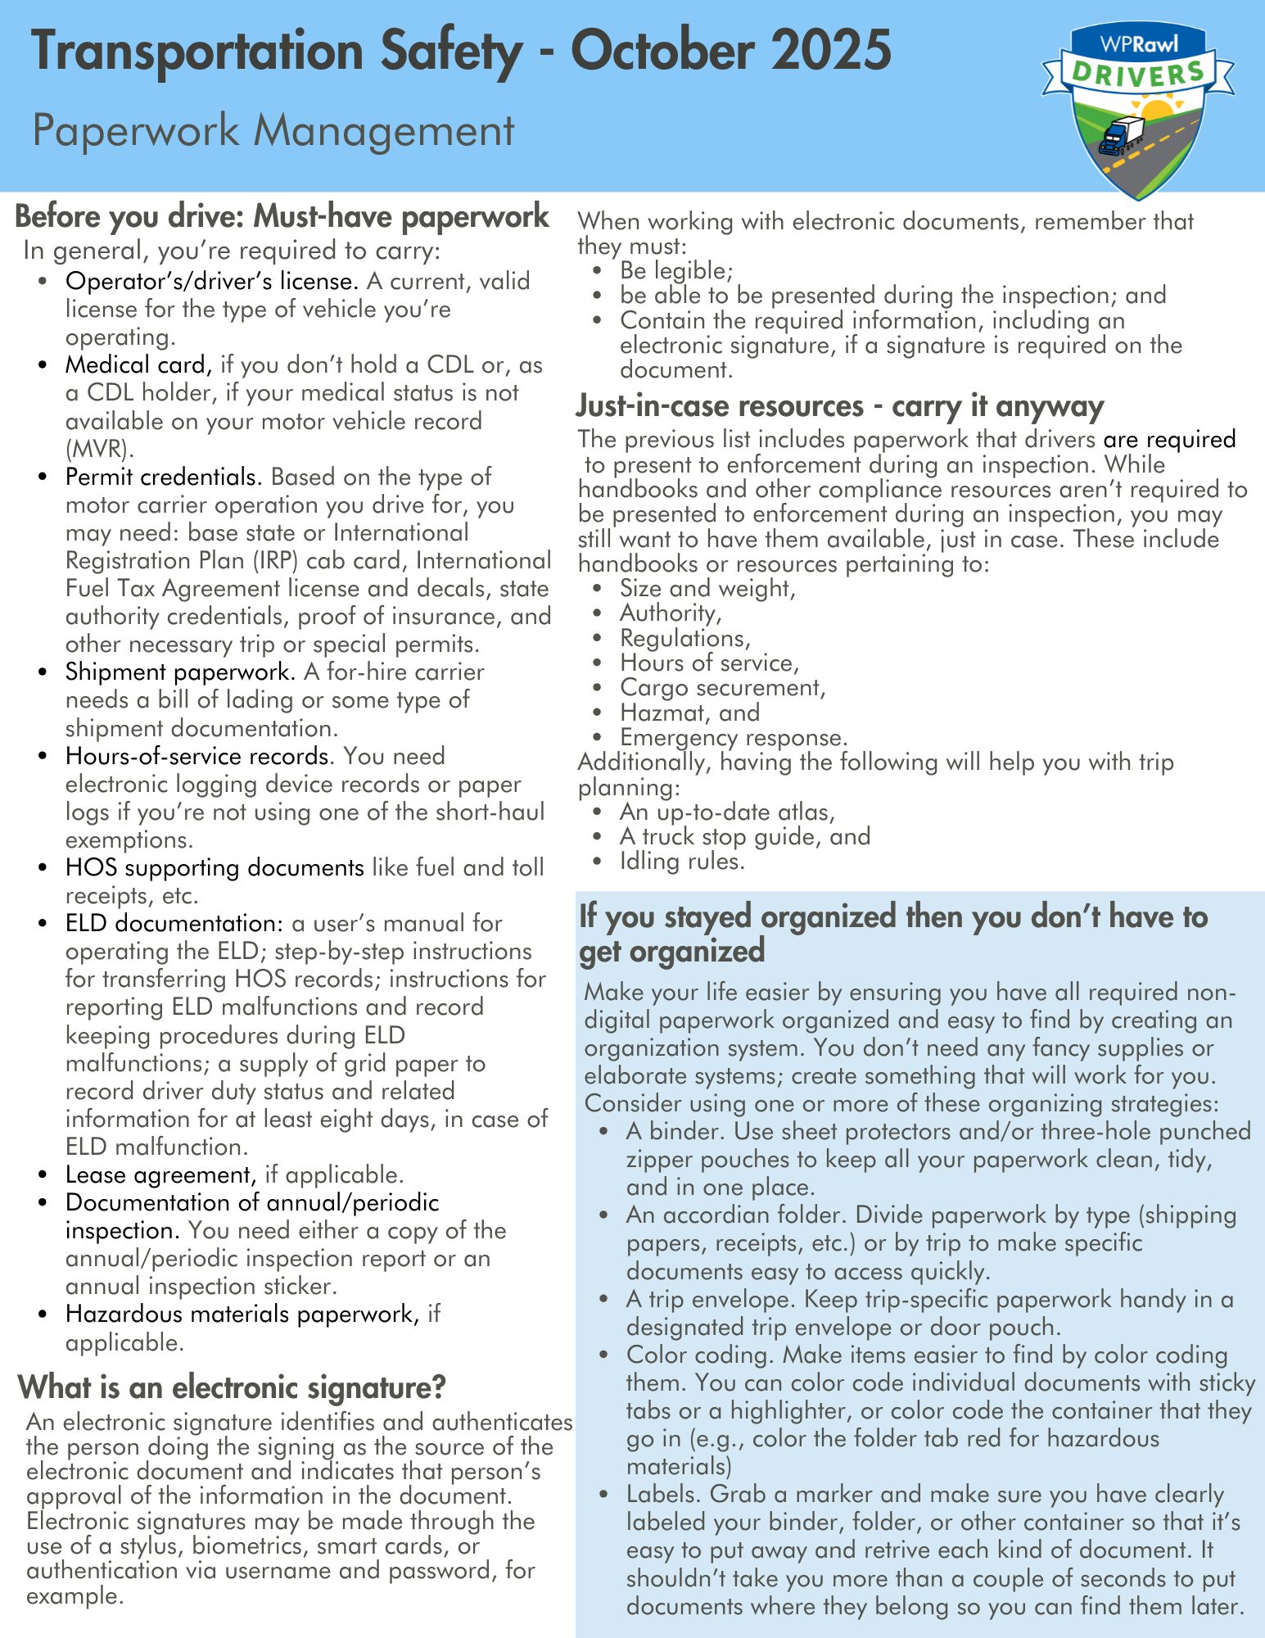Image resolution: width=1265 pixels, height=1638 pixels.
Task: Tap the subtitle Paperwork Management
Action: pos(273,130)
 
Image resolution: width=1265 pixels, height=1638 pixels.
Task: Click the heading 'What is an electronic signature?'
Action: pos(232,1387)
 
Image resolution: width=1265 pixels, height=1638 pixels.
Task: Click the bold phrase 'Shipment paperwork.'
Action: pos(180,672)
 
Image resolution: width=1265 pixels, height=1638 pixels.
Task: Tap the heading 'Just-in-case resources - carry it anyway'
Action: pos(840,406)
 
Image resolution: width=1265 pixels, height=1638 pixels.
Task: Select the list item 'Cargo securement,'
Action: pos(723,687)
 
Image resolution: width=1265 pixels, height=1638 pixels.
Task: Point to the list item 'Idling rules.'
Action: pos(682,861)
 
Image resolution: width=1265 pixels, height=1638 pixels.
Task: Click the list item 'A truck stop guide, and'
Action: pos(745,836)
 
